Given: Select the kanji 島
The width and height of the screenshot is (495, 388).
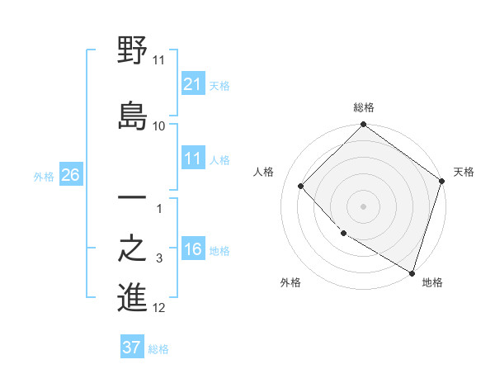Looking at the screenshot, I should click(133, 114).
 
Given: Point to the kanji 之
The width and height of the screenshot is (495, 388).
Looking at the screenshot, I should click(133, 248).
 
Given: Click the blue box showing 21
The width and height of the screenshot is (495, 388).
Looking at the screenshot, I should click(193, 85).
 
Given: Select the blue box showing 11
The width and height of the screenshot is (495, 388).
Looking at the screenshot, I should click(193, 159).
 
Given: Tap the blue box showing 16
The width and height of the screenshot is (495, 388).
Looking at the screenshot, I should click(193, 250).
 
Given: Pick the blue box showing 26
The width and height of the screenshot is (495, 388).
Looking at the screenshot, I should click(70, 176).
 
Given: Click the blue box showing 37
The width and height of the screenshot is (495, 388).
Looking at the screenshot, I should click(132, 348).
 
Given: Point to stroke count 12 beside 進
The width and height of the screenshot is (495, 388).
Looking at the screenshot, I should click(159, 309).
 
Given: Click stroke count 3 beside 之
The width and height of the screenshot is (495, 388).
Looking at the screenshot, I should click(159, 259).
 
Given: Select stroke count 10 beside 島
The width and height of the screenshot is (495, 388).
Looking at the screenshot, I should click(159, 125).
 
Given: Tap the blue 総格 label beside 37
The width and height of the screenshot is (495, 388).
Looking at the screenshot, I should click(158, 348).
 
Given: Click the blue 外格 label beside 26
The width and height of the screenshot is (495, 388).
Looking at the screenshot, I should click(44, 177).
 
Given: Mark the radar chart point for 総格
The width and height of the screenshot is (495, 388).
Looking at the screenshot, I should click(363, 125).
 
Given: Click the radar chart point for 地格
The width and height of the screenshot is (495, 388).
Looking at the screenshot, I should click(412, 272).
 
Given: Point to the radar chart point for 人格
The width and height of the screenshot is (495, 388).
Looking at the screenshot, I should click(301, 186).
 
